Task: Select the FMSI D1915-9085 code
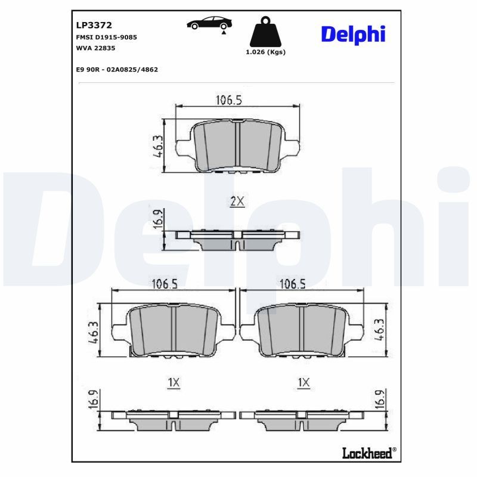pyautogui.click(x=107, y=37)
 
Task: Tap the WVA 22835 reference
pyautogui.click(x=95, y=48)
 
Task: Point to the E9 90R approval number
pyautogui.click(x=117, y=69)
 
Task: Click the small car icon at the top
pyautogui.click(x=209, y=24)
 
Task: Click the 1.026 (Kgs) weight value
pyautogui.click(x=265, y=52)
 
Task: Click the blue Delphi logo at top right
pyautogui.click(x=353, y=34)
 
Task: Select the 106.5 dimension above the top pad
pyautogui.click(x=228, y=100)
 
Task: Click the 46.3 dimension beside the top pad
pyautogui.click(x=158, y=146)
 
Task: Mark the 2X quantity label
pyautogui.click(x=237, y=202)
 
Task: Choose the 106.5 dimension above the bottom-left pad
pyautogui.click(x=163, y=284)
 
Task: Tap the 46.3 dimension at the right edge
pyautogui.click(x=378, y=329)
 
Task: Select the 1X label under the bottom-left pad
pyautogui.click(x=173, y=382)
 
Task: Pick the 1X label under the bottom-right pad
pyautogui.click(x=303, y=382)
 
